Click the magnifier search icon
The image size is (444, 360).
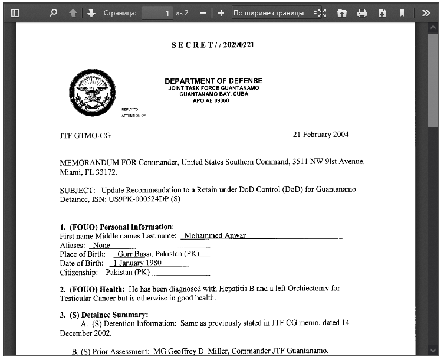click(x=53, y=12)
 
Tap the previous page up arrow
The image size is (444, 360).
click(x=73, y=12)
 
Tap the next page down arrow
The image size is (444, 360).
click(x=91, y=12)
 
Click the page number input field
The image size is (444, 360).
click(x=157, y=12)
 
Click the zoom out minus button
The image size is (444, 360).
click(x=203, y=12)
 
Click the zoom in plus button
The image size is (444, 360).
click(x=221, y=12)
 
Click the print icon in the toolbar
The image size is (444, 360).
click(x=362, y=12)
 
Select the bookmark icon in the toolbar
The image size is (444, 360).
click(x=402, y=12)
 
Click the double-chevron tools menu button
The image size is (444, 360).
click(x=426, y=12)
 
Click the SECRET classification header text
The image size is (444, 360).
click(x=213, y=45)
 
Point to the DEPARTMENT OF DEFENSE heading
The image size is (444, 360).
click(x=213, y=81)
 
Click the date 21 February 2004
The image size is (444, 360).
click(x=320, y=135)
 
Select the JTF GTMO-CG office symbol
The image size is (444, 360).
click(x=85, y=136)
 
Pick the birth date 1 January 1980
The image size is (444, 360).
click(x=137, y=263)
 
